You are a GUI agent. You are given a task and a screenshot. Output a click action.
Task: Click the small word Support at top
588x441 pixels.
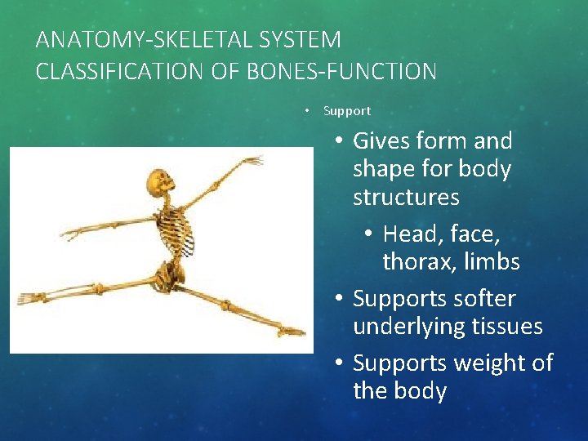click(x=347, y=111)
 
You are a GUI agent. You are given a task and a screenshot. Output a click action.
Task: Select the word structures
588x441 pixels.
click(x=406, y=198)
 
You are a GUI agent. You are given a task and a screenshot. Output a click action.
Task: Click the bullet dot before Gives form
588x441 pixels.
click(x=338, y=141)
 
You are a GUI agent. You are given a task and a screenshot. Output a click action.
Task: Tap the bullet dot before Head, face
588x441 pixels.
click(x=368, y=234)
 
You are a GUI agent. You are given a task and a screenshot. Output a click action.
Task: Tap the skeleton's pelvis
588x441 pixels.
click(x=170, y=274)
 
